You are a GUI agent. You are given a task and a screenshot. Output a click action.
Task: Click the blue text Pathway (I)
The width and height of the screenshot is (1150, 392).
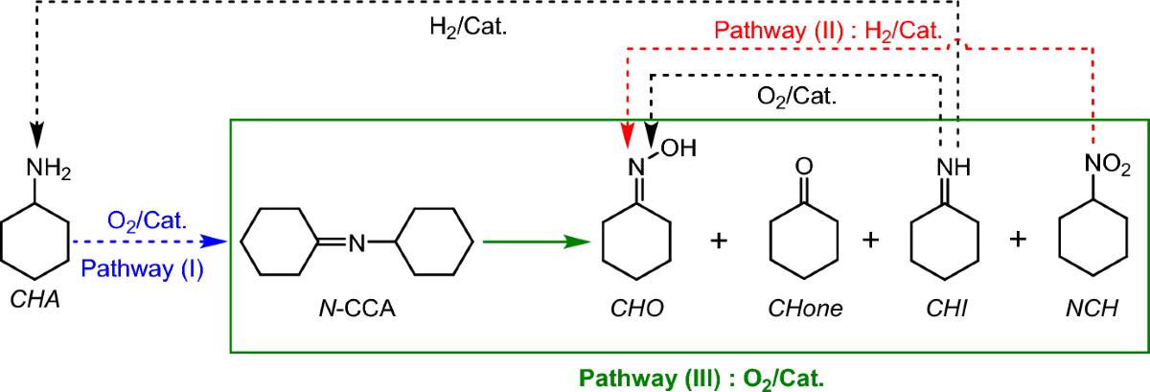pyautogui.click(x=142, y=269)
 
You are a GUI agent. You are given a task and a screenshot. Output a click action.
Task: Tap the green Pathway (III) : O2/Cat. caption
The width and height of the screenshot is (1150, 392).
pyautogui.click(x=688, y=377)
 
